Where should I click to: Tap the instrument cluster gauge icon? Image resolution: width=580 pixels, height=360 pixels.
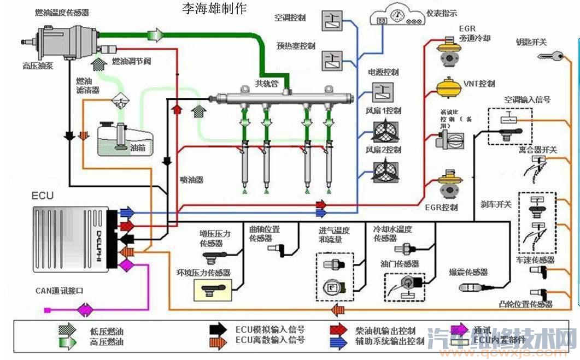click(397, 14)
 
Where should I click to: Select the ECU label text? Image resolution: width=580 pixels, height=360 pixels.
click(43, 196)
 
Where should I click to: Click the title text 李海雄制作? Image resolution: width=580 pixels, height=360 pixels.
click(214, 8)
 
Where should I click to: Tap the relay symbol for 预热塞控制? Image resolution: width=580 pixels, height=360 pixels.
click(331, 59)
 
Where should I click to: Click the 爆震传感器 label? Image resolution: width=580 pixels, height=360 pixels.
click(468, 272)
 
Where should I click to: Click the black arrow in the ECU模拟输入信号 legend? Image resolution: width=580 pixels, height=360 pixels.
click(219, 330)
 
